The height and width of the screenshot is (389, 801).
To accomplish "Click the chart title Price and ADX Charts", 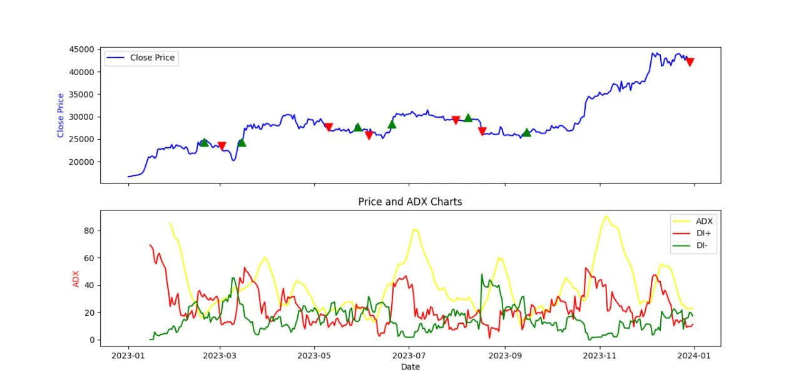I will click(410, 202).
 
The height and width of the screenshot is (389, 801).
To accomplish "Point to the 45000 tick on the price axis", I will click(82, 49).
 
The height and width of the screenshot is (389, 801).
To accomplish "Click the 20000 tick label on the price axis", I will click(82, 162).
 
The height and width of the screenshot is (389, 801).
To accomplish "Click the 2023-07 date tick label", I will click(409, 356).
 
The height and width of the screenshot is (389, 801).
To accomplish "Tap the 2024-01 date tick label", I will click(695, 356).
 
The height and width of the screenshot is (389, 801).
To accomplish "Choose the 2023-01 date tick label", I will click(128, 356).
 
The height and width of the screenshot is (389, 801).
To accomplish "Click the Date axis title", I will click(410, 366).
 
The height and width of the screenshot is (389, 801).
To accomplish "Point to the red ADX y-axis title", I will click(76, 278).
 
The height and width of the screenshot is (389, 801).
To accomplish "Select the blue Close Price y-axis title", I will click(61, 115).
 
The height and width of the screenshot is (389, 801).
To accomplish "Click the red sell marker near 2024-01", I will click(690, 62).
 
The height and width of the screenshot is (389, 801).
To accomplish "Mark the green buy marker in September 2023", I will click(526, 132).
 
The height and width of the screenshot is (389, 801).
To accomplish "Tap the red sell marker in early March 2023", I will click(222, 146).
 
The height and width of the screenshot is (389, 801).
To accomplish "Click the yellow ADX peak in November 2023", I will click(605, 217).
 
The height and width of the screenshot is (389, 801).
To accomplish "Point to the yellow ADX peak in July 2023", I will click(415, 230).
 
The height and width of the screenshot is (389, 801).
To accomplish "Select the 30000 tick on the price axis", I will click(82, 117).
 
